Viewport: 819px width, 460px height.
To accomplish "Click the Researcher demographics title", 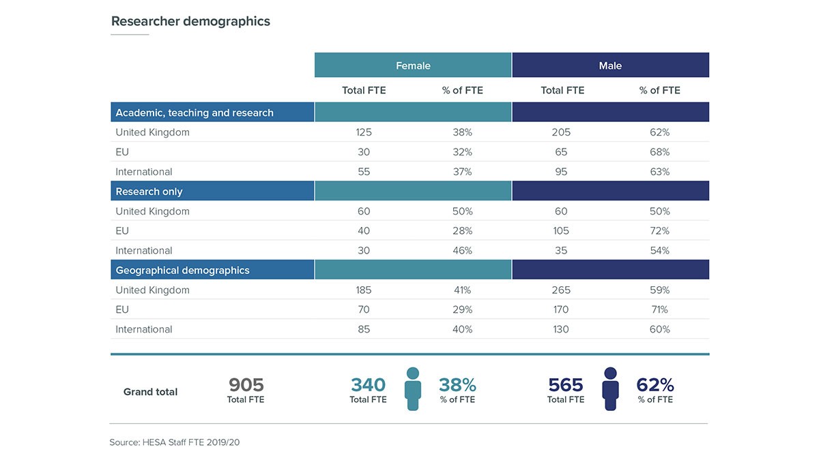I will point(190,21).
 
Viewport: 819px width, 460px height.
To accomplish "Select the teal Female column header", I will point(413,65).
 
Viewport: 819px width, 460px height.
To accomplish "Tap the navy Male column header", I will point(610,65).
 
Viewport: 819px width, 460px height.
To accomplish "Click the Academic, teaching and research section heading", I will point(195,112).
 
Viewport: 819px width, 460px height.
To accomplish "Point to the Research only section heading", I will point(149,191).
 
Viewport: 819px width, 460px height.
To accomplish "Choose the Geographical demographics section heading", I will point(182,271).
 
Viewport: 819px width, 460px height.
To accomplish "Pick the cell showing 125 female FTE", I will point(364,132).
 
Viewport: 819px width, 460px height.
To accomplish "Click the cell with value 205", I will point(561,132).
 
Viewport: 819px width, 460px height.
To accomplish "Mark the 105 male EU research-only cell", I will point(561,231).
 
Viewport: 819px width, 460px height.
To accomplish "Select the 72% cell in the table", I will point(659,231).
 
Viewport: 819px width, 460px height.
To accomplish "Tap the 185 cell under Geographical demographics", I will point(364,290).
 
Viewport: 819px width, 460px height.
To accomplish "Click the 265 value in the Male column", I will point(561,290).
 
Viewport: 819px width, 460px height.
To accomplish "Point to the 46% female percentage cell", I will point(462,251).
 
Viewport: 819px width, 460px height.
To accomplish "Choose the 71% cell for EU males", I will point(659,310).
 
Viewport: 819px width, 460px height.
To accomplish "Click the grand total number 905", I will point(246,385).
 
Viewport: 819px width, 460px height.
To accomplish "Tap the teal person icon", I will point(412,389).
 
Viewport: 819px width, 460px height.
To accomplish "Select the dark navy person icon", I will point(610,389).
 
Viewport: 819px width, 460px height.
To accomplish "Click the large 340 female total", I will point(368,385).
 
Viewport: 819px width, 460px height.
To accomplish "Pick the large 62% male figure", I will point(655,385).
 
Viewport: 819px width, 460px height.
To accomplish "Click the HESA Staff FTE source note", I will point(175,442).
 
